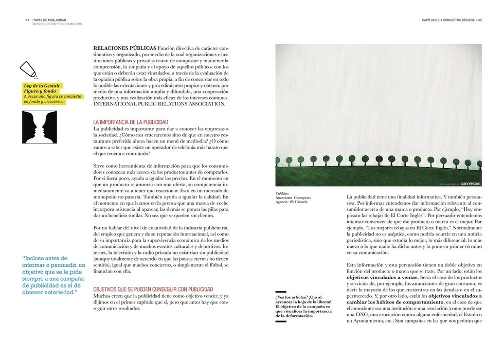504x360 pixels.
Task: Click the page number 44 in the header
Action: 27,20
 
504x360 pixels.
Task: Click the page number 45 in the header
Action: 479,20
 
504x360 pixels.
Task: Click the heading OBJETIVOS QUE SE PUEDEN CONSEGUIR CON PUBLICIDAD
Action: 153,290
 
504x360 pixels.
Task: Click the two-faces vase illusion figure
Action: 40,127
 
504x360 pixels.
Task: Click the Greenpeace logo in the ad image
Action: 470,183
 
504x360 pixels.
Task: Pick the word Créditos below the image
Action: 282,193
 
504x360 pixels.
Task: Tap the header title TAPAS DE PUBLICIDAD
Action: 49,20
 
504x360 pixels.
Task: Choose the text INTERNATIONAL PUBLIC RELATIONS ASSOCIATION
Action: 159,104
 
